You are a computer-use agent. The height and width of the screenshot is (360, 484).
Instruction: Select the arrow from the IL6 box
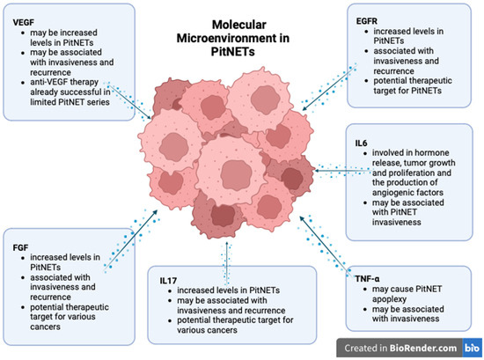click(x=326, y=167)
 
